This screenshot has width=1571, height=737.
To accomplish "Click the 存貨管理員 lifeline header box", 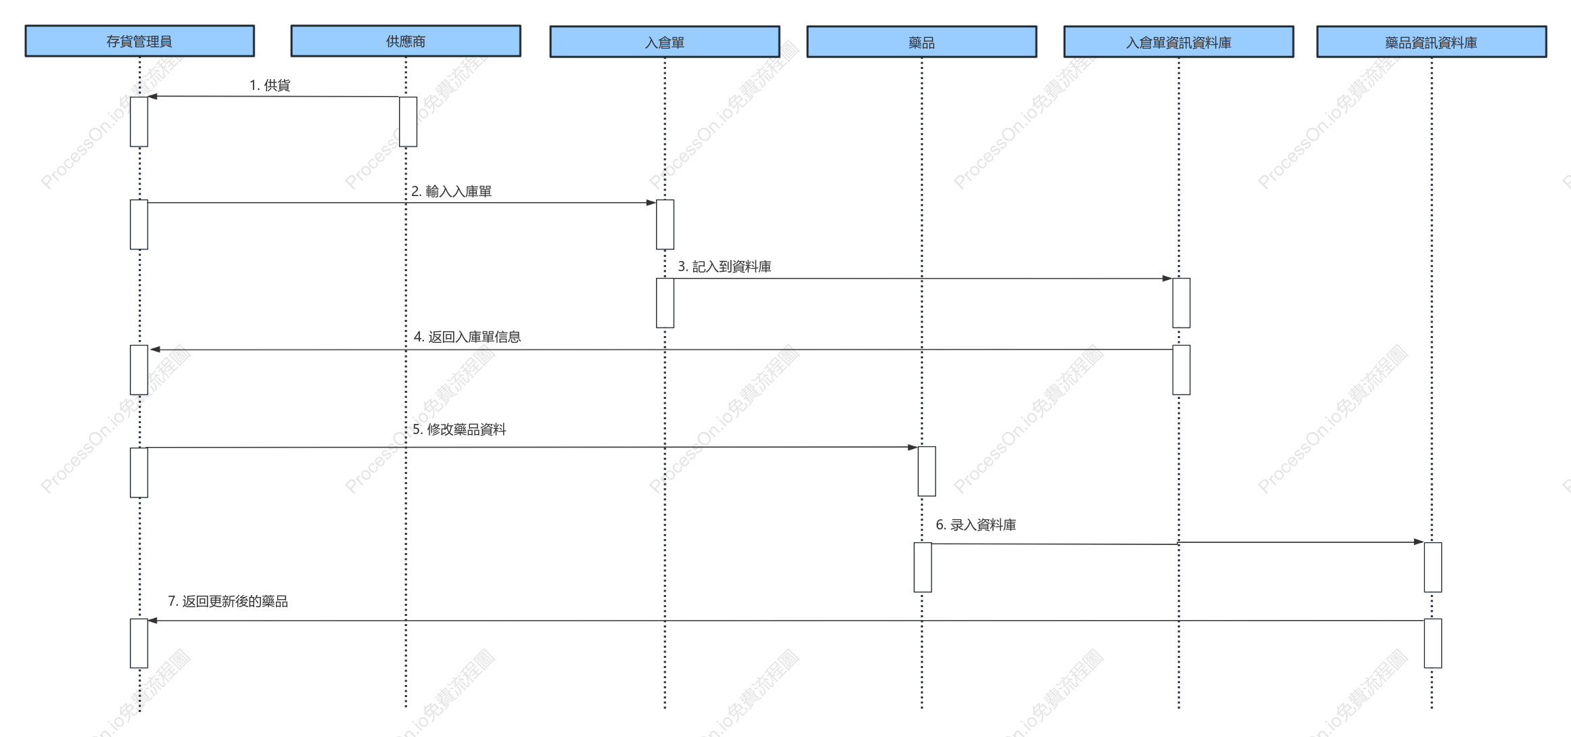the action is (140, 41).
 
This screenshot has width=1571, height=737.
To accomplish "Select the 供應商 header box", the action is (406, 41).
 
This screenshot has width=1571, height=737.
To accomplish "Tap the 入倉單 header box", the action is (665, 42).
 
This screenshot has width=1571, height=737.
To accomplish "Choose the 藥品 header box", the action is (922, 42).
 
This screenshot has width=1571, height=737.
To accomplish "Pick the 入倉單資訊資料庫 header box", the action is (1179, 42).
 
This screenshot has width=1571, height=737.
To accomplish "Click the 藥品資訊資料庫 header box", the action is (1432, 42).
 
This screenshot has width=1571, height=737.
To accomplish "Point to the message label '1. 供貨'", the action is (270, 85).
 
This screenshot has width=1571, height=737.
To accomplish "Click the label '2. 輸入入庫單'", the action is (452, 191).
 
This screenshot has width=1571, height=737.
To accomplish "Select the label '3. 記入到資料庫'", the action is (725, 266).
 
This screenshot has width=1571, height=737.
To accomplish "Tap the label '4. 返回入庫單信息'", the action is (467, 337).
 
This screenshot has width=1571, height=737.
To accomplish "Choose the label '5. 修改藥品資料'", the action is (459, 429).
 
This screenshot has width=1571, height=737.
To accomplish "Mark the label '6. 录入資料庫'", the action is (976, 525).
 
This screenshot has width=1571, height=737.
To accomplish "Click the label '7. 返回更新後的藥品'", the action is (228, 601).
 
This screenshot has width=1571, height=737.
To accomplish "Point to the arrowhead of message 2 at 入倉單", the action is (651, 202).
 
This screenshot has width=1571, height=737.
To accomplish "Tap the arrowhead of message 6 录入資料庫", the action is (1419, 542).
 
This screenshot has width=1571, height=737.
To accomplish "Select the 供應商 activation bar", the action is (408, 122).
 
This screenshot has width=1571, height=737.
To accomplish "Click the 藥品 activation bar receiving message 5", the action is (927, 471).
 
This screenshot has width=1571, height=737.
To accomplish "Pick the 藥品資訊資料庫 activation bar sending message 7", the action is (1433, 643).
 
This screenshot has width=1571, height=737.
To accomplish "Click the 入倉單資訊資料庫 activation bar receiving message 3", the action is (1181, 303).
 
